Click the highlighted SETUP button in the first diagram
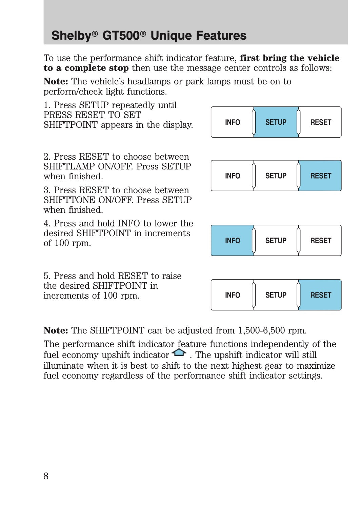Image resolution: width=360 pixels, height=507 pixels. (276, 122)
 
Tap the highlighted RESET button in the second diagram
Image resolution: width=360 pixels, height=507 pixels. (320, 176)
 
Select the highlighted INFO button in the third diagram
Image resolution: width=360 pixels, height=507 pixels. (232, 241)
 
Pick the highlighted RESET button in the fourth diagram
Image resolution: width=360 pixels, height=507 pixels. (320, 295)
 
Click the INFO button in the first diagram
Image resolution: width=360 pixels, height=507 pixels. (232, 122)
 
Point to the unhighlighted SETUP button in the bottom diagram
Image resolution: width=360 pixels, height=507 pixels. (276, 295)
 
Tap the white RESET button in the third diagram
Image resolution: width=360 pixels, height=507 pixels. (320, 241)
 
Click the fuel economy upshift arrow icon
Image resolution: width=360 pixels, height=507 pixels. (179, 353)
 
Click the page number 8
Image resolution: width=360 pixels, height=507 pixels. (46, 476)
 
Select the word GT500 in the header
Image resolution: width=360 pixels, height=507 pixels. (121, 36)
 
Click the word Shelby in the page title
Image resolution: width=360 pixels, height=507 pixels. (72, 36)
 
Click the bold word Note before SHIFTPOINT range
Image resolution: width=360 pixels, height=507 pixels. (56, 330)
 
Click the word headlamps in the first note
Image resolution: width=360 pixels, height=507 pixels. (150, 82)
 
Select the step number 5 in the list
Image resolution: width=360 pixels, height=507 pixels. (46, 276)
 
